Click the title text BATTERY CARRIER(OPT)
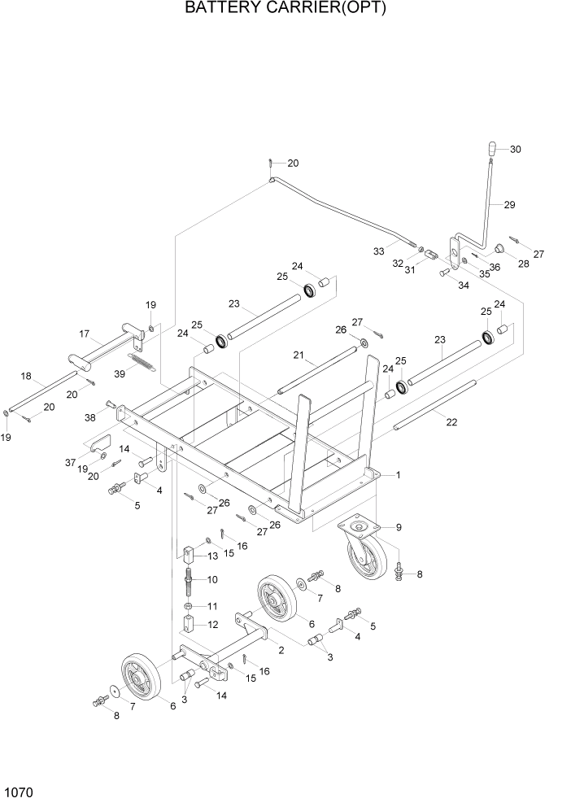285,9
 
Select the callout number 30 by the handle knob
515,149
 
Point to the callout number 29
509,205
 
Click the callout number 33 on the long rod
379,252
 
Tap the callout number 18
26,376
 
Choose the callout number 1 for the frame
398,474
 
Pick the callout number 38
89,417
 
